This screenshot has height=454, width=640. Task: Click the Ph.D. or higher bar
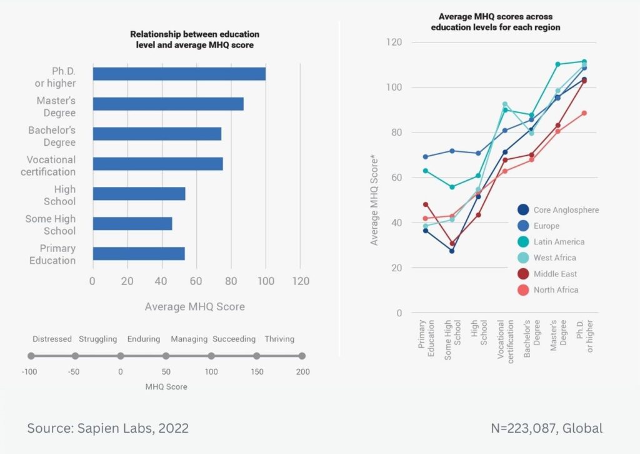tap(179, 74)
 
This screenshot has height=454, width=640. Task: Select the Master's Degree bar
tap(167, 104)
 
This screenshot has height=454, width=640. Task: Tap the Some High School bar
tap(132, 224)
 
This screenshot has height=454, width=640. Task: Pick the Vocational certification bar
tap(157, 164)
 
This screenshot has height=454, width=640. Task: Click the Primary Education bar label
tap(52, 255)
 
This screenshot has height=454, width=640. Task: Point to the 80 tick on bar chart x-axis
tap(231, 281)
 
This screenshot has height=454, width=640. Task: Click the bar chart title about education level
tap(194, 39)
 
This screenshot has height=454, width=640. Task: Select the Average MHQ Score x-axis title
tap(194, 306)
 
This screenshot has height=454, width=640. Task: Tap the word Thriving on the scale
tap(279, 339)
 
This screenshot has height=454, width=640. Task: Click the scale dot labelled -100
tap(31, 356)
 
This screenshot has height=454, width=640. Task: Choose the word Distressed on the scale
tap(52, 339)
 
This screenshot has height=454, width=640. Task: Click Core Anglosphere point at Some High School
tap(452, 251)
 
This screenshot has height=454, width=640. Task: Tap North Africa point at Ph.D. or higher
tap(584, 113)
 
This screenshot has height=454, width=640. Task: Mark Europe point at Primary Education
tap(426, 157)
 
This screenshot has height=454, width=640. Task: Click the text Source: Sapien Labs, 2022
tap(107, 428)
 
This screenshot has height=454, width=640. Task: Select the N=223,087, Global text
tap(547, 428)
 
